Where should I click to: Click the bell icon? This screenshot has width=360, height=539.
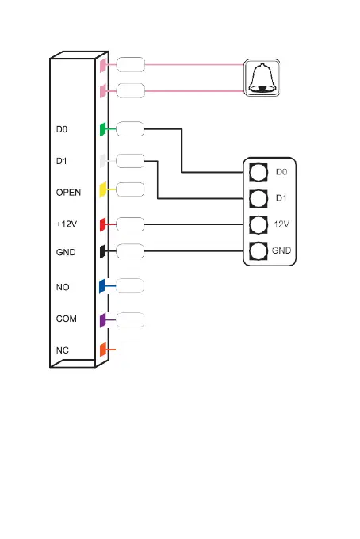click(x=262, y=78)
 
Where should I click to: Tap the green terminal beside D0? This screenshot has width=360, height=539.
click(x=102, y=129)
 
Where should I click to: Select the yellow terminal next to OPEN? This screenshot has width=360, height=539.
click(x=102, y=189)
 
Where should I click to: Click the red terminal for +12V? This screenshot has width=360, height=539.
click(x=102, y=224)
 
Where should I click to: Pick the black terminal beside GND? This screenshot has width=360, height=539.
click(x=102, y=251)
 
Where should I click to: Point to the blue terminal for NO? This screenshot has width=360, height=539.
click(x=102, y=286)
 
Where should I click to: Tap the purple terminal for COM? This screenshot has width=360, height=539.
click(x=102, y=320)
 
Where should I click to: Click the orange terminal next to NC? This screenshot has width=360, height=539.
click(x=103, y=350)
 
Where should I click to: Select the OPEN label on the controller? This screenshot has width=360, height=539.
click(x=68, y=193)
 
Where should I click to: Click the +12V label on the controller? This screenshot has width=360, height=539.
click(x=67, y=224)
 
